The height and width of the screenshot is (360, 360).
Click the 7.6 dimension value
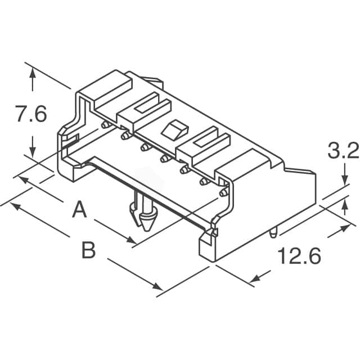pos(31,114)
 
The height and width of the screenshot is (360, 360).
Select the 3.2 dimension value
pos(344,151)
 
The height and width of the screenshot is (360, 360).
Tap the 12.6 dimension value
pos(299,255)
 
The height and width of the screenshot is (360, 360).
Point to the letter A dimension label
pos(79,209)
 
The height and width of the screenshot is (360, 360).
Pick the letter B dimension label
pos(89,250)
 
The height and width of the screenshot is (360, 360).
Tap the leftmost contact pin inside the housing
pos(105,125)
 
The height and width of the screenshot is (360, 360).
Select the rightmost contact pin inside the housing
pos(224,192)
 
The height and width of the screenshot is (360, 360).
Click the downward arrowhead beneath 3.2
pos(345,179)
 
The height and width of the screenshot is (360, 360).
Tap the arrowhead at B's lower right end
pos(157,287)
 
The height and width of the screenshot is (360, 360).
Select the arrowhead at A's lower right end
pos(132,240)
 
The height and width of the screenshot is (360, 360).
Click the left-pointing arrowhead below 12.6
pos(256,279)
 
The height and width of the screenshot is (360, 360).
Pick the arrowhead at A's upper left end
pos(23,180)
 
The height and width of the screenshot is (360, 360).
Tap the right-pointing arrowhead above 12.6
pos(345,228)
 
